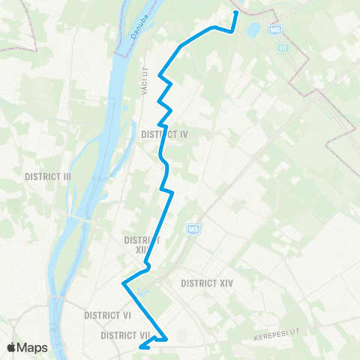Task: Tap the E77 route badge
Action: coord(282,48)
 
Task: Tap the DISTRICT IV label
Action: coord(163,134)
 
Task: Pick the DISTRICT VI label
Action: coord(108,316)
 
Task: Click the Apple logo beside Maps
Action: coord(11,347)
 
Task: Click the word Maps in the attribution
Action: coord(33,347)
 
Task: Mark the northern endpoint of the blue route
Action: coord(235,13)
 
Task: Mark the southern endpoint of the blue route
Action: coord(141,347)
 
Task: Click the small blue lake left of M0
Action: coord(253,31)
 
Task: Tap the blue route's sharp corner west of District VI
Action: coord(123,283)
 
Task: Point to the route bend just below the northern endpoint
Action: coord(232,30)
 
